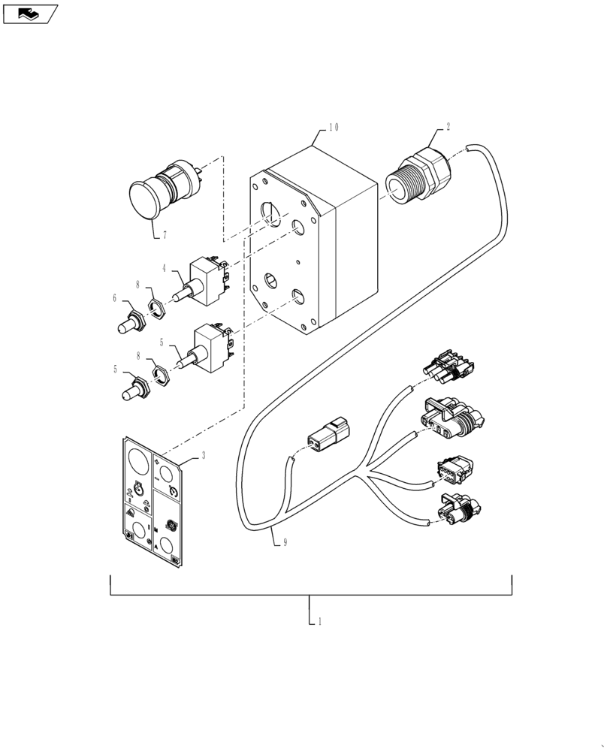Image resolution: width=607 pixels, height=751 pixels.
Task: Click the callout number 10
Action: coord(333,128)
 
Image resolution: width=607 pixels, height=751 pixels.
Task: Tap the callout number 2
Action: coord(448,127)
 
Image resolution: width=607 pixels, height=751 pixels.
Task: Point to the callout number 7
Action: coord(164,235)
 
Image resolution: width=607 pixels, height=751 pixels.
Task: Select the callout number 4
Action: coord(164,267)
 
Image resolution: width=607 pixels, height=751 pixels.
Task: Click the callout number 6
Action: coord(115,298)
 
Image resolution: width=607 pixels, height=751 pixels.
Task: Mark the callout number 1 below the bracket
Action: coord(320,622)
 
